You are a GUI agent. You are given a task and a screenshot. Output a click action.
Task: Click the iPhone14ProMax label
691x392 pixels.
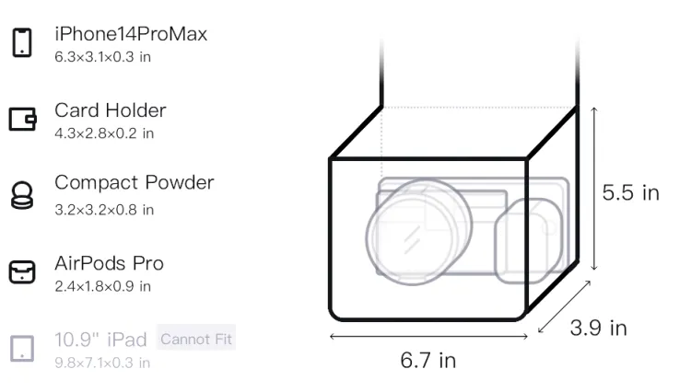coord(131,34)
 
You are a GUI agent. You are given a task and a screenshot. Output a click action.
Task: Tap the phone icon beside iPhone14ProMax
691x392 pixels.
coord(22,42)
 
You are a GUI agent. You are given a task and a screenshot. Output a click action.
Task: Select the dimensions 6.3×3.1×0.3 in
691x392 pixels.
coord(102,57)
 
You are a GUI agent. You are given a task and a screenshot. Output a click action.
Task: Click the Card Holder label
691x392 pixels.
coord(111,110)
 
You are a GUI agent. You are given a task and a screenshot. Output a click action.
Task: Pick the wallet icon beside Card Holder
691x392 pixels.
coord(22,120)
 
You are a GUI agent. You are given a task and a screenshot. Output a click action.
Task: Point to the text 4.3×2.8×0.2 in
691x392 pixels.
coord(104,133)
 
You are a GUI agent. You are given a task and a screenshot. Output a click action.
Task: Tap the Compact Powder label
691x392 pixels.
coord(135,183)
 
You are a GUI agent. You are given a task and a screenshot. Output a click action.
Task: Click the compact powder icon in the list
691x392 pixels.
coord(22,195)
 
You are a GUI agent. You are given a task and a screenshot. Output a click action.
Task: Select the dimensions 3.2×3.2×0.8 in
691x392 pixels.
coord(104,210)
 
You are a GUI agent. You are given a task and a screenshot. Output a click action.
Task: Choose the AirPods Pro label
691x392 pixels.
coord(110,263)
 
